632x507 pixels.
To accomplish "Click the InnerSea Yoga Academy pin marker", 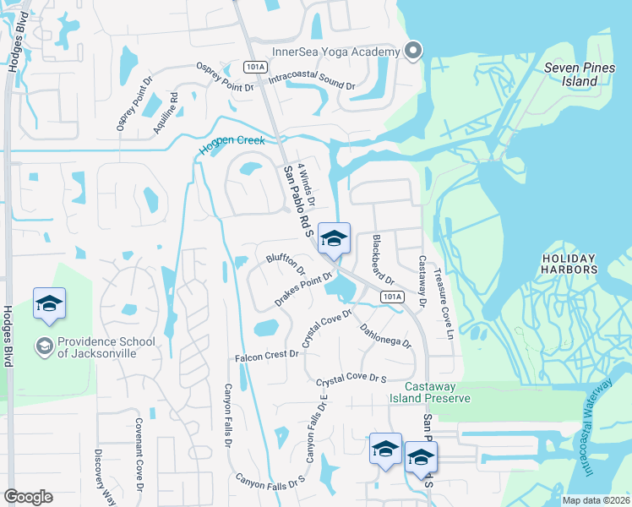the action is pyautogui.click(x=413, y=52).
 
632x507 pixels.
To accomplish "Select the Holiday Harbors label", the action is pyautogui.click(x=569, y=264).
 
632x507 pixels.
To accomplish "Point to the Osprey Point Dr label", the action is pyautogui.click(x=225, y=77).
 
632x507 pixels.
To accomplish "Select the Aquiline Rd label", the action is pyautogui.click(x=175, y=109).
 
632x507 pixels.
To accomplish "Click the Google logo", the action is pyautogui.click(x=28, y=497).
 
